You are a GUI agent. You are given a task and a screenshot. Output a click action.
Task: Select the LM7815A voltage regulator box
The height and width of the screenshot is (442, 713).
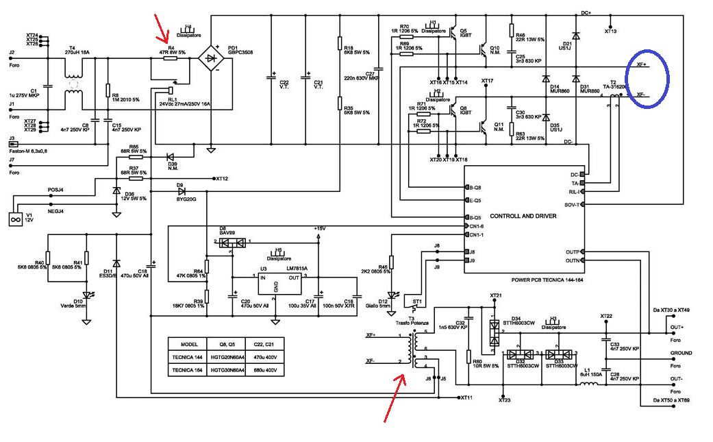tap(276, 282)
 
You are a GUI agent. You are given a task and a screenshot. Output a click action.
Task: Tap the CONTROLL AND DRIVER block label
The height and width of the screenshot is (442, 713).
tap(523, 216)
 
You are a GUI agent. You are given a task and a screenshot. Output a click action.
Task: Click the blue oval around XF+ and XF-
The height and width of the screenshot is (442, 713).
tap(649, 79)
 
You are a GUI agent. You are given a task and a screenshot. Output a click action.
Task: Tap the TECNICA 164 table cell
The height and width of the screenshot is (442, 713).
tap(188, 370)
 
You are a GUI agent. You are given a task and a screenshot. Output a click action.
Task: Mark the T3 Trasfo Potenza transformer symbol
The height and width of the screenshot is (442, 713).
tap(412, 349)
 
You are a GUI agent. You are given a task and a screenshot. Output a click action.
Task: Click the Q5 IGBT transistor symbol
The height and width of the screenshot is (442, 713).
tap(453, 44)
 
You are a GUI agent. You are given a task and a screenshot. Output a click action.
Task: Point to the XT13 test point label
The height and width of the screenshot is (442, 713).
tap(610, 32)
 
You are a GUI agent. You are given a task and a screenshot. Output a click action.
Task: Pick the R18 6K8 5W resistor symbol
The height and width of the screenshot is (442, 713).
tap(339, 43)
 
